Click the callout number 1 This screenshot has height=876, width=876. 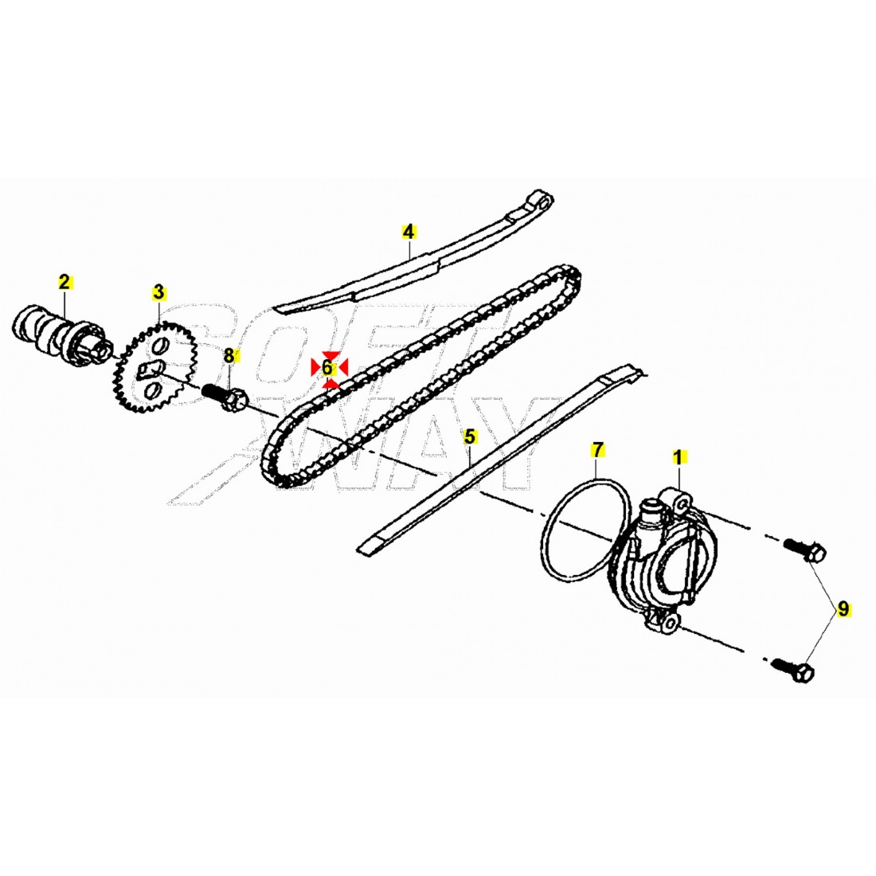[678, 457]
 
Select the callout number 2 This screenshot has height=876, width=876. [65, 281]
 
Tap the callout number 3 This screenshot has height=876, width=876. [158, 292]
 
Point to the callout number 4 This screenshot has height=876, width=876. [409, 232]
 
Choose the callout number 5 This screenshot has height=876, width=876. [470, 436]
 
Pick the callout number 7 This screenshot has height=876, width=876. [597, 450]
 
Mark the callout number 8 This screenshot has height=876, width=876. [229, 356]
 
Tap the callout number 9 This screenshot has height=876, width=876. [843, 610]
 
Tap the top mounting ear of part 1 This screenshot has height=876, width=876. [681, 503]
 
